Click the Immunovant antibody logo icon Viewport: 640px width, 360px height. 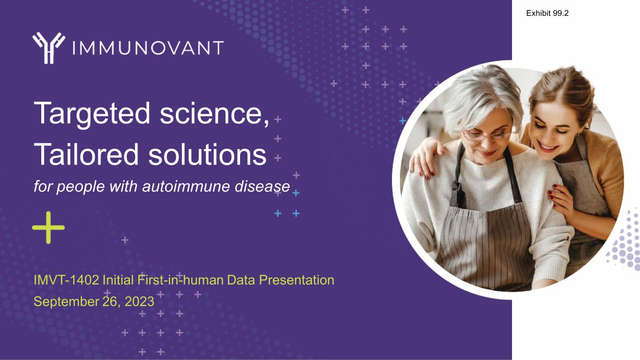point(49,48)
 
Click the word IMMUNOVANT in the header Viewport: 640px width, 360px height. point(148,48)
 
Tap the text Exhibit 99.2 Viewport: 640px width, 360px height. point(547,13)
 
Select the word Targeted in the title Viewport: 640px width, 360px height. point(92,113)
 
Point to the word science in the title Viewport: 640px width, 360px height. point(214,113)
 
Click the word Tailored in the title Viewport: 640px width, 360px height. point(86,154)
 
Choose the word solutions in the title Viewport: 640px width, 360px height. point(207,154)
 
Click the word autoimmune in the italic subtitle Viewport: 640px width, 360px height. point(186,186)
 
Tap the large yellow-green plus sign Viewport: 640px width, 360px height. point(48,227)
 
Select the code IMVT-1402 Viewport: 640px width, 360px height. point(66,280)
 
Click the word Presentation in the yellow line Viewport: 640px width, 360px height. point(296,280)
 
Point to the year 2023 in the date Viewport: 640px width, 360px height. point(139,301)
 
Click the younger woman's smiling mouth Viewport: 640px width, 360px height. point(549,148)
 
